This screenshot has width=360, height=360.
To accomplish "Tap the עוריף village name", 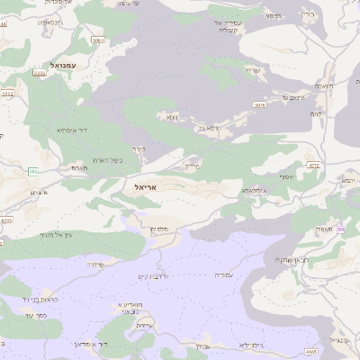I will coord(255,70).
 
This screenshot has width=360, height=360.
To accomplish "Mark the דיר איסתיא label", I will coord(71,130).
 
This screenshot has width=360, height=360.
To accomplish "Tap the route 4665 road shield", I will coord(336,351).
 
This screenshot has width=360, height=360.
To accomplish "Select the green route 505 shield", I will coord(33,170).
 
